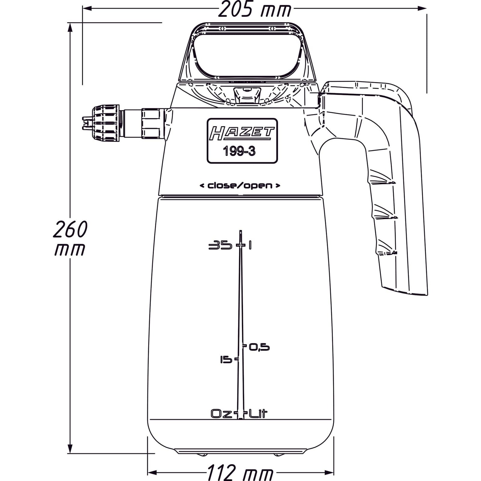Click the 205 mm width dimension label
pos(254,10)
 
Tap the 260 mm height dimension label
pos(70,237)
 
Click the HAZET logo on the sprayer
pos(242,133)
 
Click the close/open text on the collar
pos(240,186)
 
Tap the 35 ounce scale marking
pos(221,246)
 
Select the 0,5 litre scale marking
pos(259,348)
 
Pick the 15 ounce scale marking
pos(226,359)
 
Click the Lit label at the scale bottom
pos(258,414)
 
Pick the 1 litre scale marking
pos(250,246)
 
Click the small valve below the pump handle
pos(247,95)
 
